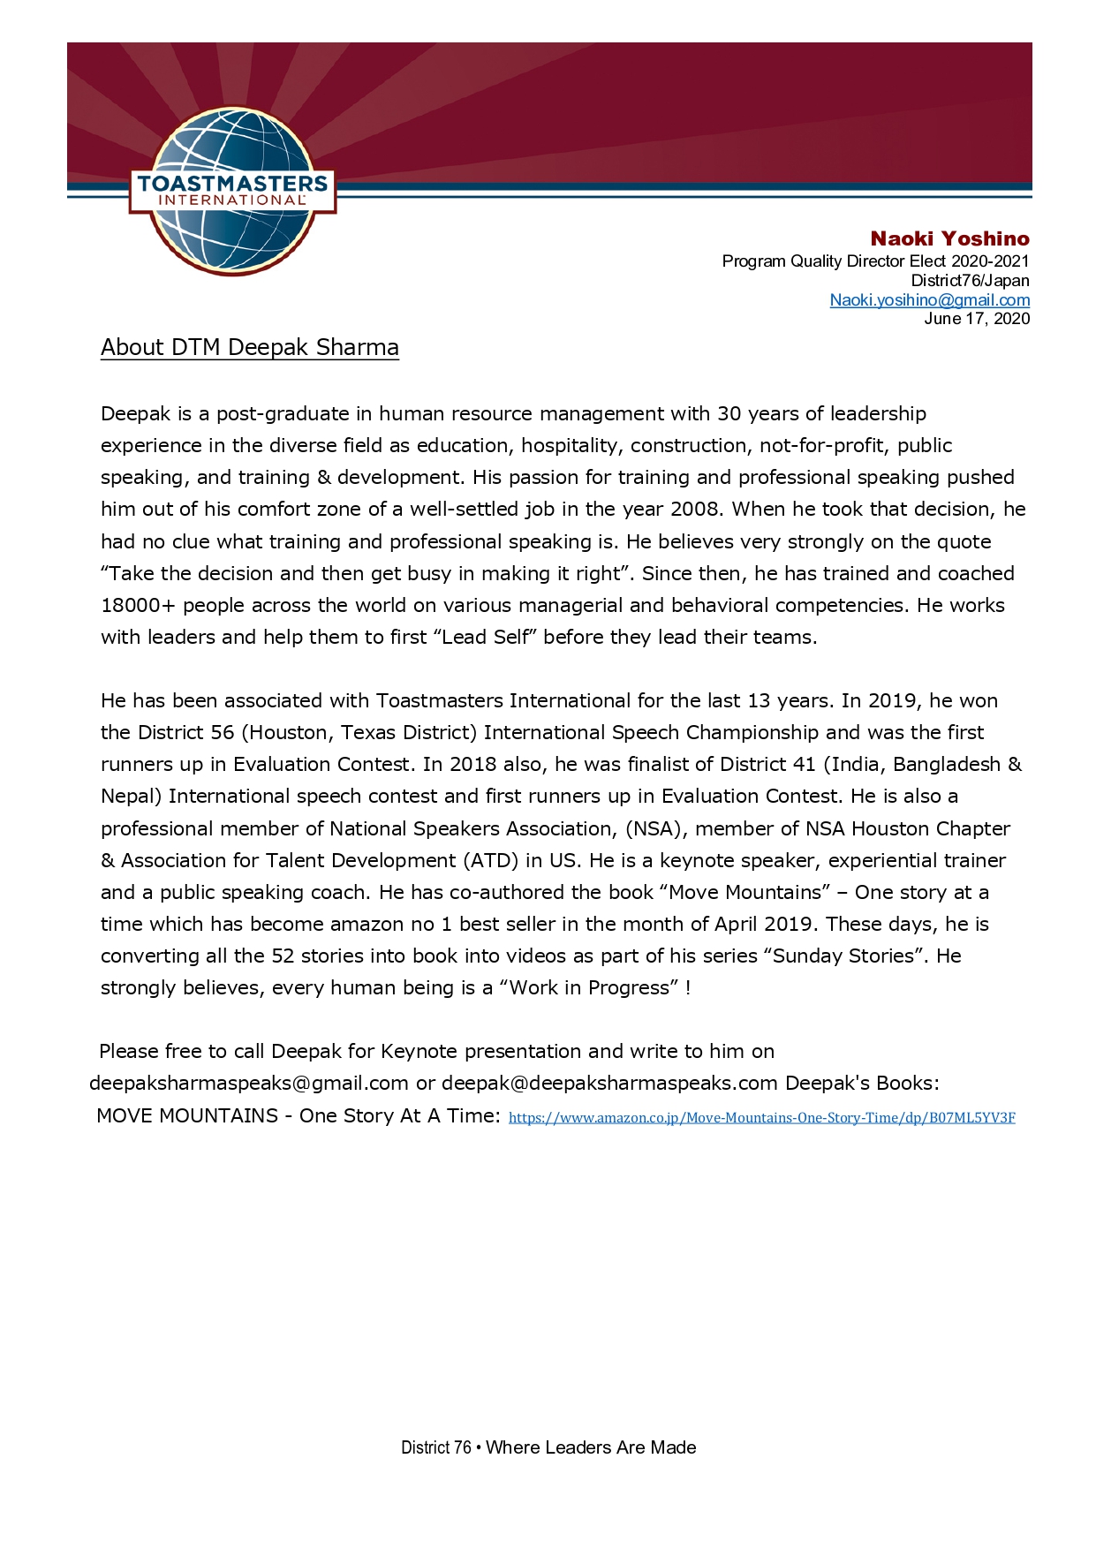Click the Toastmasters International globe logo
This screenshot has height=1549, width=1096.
[232, 191]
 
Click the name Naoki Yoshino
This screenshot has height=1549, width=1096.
[949, 238]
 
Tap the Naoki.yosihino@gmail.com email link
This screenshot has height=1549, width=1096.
[929, 300]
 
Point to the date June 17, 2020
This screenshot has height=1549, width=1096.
[976, 319]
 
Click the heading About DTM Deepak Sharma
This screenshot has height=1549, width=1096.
[250, 347]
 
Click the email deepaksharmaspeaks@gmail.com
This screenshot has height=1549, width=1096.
[249, 1084]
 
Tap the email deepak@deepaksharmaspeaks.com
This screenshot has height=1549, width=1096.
[609, 1084]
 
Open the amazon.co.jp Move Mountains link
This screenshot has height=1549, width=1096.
[761, 1118]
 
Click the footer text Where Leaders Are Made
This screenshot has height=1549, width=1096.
[591, 1447]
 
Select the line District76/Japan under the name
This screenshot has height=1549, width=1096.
[970, 281]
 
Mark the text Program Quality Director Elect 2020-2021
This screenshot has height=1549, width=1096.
[875, 261]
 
